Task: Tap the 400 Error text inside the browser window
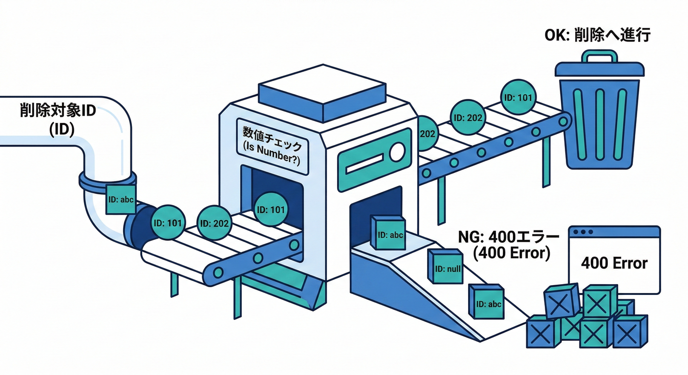[614, 263]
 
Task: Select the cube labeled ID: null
[446, 267]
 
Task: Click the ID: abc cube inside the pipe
[120, 199]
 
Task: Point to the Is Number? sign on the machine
[272, 146]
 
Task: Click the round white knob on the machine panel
[397, 151]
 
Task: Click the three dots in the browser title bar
[584, 232]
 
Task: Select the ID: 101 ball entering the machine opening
[271, 209]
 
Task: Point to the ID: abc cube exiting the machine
[388, 233]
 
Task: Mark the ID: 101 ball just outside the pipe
[168, 223]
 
